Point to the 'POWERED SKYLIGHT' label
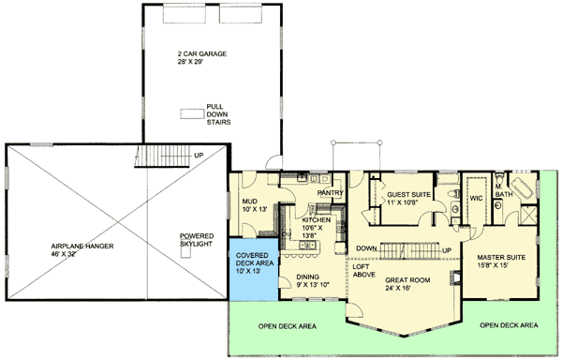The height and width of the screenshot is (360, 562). point(197,239)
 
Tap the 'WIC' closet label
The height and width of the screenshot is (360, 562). point(475,198)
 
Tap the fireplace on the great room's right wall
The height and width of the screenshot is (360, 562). point(456,277)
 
